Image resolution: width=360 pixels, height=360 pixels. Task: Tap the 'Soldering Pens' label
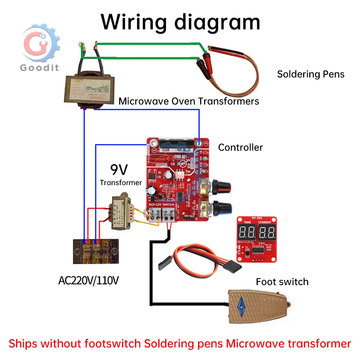click(311, 74)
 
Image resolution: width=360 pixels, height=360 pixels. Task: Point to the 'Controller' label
click(240, 147)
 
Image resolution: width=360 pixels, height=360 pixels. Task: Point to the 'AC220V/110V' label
click(88, 280)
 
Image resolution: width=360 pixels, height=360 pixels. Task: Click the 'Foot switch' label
click(282, 282)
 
